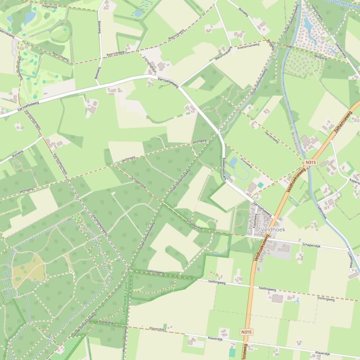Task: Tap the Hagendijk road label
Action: coord(49,7)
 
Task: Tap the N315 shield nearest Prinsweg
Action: coord(310,162)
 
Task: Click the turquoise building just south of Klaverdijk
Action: coord(232,352)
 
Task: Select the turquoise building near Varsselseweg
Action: coord(260,185)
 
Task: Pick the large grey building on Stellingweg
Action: coord(278,298)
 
